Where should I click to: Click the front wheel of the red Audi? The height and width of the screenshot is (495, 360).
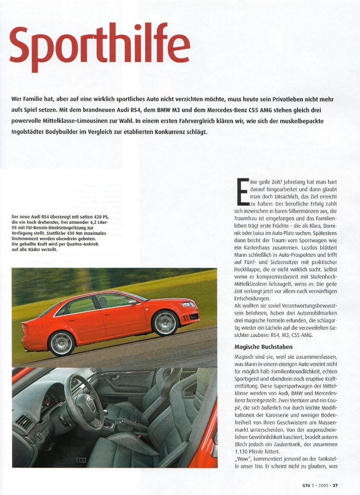(x=165, y=323)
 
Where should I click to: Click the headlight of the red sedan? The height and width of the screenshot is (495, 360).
(x=188, y=305)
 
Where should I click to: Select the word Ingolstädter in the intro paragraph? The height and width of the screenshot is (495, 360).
(x=31, y=131)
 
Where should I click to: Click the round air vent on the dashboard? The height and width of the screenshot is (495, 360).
(x=24, y=422)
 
